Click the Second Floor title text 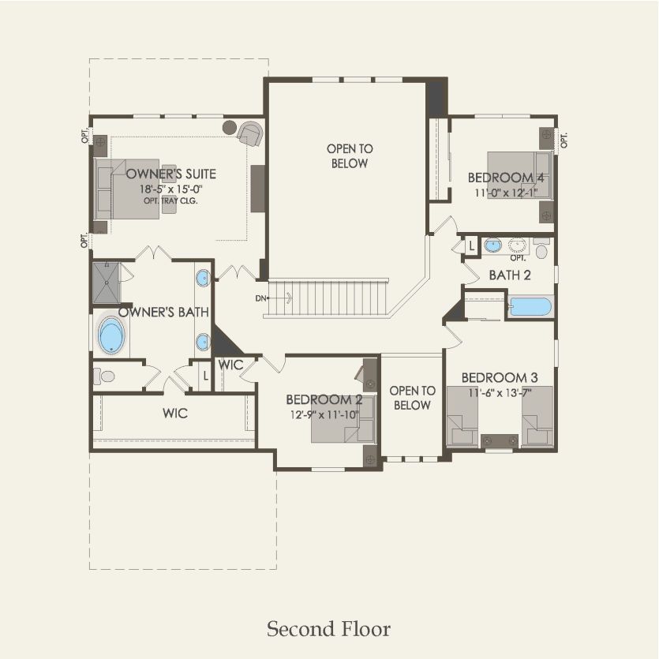coord(328,629)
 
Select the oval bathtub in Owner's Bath coord(111,335)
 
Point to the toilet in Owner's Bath coord(104,376)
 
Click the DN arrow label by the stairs coord(261,298)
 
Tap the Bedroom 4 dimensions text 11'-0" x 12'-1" coord(505,192)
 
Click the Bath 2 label coord(509,275)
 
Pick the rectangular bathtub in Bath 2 coord(530,306)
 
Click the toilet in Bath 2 coord(541,249)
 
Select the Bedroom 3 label coord(500,376)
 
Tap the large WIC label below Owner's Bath coord(174,413)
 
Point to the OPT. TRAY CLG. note coord(170,200)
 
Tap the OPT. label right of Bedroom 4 coord(564,140)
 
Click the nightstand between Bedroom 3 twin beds coord(500,440)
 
